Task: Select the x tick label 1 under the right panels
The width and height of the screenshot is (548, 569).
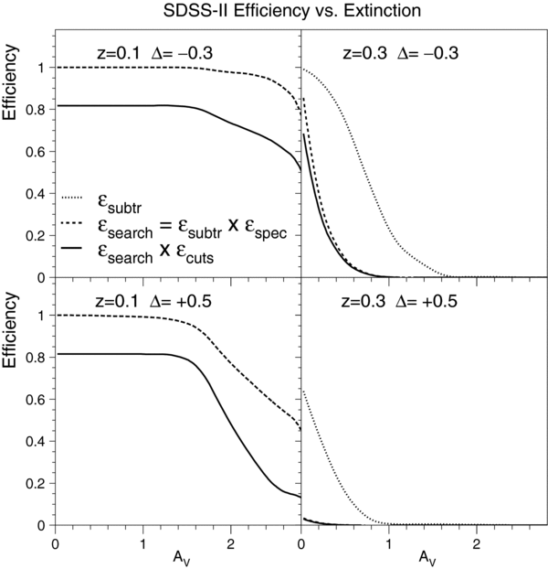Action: coord(388,541)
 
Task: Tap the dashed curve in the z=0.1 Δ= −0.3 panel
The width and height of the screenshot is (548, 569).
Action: coord(137,68)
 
